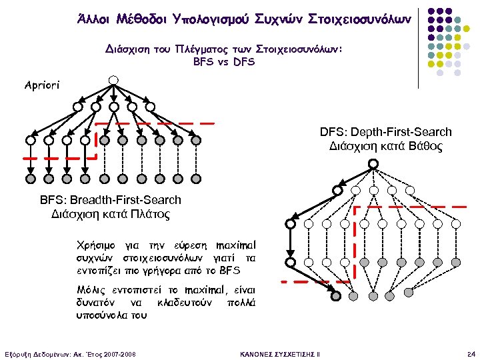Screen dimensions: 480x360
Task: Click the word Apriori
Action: pos(42,85)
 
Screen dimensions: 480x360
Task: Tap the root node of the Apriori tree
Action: pos(114,81)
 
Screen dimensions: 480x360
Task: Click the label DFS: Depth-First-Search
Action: pos(386,132)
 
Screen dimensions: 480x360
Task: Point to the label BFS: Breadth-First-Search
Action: pos(110,200)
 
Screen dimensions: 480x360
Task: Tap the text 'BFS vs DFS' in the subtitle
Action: pos(223,61)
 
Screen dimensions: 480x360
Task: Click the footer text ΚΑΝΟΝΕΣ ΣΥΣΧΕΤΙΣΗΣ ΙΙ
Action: pos(279,353)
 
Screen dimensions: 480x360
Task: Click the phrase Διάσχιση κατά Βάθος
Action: pos(386,146)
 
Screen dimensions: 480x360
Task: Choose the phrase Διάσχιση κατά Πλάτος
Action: pos(110,215)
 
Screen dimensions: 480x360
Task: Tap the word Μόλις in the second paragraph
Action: pos(92,291)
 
